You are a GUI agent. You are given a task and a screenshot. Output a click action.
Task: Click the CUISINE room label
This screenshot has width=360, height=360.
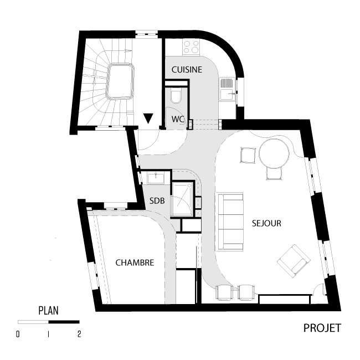tap(187, 70)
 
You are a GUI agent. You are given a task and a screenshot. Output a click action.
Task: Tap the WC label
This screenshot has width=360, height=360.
tap(178, 119)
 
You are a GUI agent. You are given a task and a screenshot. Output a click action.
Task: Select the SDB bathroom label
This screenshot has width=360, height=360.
tap(157, 201)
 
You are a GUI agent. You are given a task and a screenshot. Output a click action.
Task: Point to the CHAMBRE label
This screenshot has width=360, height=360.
tap(135, 263)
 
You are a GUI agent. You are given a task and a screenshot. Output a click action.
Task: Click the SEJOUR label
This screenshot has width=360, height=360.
tap(266, 223)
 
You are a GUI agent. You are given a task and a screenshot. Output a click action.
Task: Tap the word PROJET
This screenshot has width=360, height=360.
tap(322, 328)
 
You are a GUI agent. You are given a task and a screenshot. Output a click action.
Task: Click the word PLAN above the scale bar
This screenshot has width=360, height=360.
tap(48, 310)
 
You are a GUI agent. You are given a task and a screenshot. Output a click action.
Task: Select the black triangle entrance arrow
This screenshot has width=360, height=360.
tap(148, 119)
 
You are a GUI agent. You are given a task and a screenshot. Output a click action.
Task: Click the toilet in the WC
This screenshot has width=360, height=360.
tap(176, 96)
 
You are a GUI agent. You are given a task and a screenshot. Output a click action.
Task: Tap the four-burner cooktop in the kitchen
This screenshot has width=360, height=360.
tap(191, 47)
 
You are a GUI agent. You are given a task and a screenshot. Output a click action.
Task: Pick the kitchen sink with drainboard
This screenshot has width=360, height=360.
tap(227, 89)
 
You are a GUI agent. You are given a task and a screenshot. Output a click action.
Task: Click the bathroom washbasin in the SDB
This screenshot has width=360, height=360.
tap(156, 178)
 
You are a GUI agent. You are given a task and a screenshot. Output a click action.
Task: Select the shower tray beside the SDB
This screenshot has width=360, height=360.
tap(183, 199)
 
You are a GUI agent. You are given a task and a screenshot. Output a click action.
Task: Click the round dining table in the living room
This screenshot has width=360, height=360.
tap(274, 153)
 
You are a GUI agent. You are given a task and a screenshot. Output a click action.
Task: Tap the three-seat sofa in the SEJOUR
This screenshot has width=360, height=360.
tap(230, 222)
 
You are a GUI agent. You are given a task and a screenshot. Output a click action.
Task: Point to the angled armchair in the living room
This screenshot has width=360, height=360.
tap(294, 261)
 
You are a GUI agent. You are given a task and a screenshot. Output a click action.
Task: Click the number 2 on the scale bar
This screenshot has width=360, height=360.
tap(79, 334)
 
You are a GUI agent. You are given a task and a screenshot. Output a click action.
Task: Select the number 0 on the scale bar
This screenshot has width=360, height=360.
tap(18, 334)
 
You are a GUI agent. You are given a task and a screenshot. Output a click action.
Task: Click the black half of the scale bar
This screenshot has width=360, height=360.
tap(64, 322)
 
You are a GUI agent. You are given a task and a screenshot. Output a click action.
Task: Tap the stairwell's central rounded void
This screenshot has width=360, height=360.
tap(120, 81)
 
